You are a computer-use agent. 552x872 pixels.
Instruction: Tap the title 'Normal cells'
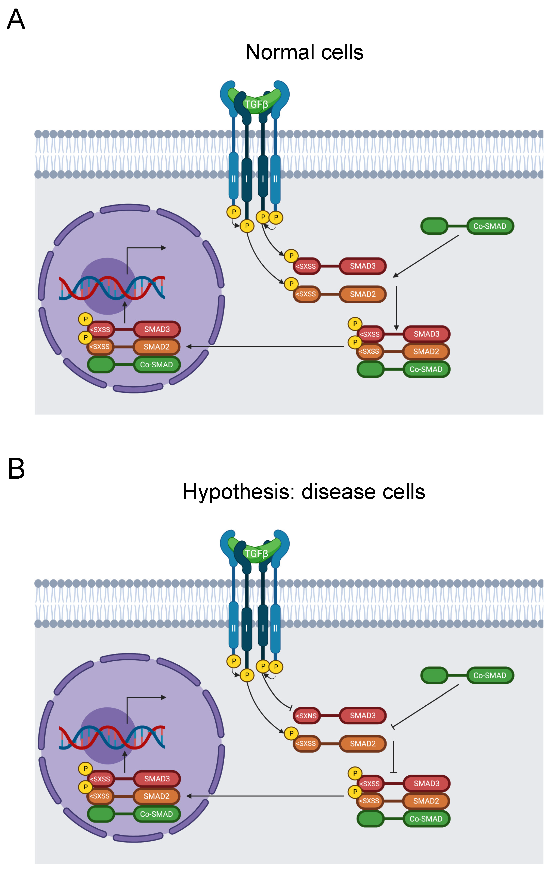[x=305, y=52]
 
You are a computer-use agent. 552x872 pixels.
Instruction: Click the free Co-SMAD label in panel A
[x=490, y=226]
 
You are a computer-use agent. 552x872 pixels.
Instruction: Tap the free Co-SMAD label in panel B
[x=490, y=675]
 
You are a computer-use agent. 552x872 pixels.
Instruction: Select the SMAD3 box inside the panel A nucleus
[x=157, y=329]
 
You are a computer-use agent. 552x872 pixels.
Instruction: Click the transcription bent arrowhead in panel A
[x=164, y=248]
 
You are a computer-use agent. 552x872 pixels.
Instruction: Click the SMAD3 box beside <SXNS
[x=363, y=716]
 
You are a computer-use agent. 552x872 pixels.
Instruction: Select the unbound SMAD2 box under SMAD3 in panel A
[x=363, y=294]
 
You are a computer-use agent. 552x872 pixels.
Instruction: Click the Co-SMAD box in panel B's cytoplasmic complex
[x=426, y=819]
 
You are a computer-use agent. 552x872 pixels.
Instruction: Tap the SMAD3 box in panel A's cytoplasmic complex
[x=427, y=334]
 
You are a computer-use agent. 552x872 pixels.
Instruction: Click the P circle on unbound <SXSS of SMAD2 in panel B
[x=291, y=733]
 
